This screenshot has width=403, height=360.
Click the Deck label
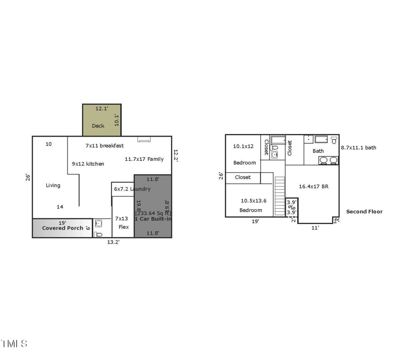(98, 126)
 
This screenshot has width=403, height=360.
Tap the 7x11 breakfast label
(105, 145)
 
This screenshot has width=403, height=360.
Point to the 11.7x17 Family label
(144, 159)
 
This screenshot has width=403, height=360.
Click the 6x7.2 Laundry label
(132, 189)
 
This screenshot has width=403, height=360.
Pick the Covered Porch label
(62, 228)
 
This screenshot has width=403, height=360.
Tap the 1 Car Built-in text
(153, 219)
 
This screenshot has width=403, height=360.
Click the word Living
(53, 186)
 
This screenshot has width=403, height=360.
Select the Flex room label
(123, 227)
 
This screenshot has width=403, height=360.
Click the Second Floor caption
(364, 212)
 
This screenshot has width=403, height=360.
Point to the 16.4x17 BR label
(313, 186)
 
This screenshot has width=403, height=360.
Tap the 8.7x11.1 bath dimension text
(358, 148)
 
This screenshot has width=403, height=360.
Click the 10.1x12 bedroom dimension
(243, 146)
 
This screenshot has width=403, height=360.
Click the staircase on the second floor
(280, 196)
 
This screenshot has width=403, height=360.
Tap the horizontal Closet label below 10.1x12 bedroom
(243, 177)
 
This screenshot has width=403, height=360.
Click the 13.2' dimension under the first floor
(113, 242)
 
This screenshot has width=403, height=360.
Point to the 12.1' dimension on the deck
(102, 108)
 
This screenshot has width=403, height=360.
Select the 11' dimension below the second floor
(315, 228)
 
